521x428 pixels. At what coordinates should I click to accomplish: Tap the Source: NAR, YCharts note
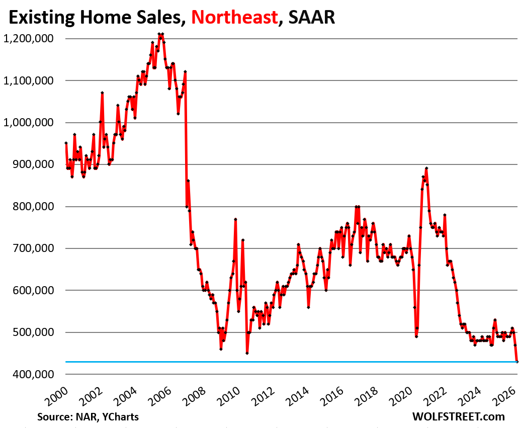[x=88, y=417]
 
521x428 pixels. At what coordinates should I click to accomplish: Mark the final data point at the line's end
[x=516, y=361]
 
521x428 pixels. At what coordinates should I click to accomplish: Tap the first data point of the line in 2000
[x=66, y=143]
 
